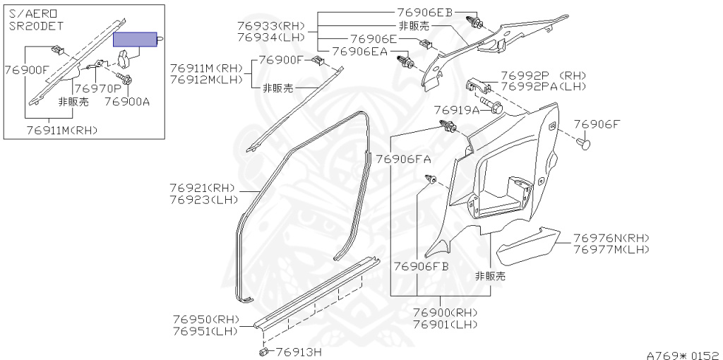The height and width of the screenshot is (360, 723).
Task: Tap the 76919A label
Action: [456, 110]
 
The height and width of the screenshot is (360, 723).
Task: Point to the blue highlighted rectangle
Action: [136, 39]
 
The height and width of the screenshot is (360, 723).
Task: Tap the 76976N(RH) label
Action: [611, 238]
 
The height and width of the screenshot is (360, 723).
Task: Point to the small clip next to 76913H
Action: [263, 350]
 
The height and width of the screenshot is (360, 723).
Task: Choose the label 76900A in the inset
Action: [127, 102]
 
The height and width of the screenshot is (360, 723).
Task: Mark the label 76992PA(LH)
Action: [544, 86]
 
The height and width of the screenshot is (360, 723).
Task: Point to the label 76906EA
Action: [359, 51]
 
